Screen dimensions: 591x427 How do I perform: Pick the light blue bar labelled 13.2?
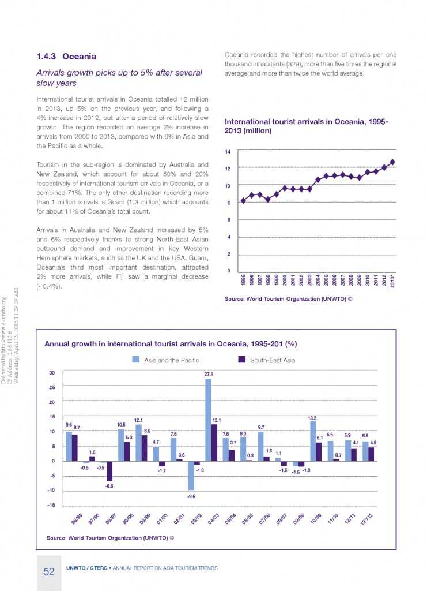(x=313, y=441)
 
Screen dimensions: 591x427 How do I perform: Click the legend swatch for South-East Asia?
(x=242, y=360)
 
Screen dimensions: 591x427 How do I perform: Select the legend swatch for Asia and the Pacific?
(x=136, y=360)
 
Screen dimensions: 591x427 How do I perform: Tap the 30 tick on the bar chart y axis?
(x=51, y=372)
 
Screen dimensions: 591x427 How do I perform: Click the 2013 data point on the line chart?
(x=392, y=162)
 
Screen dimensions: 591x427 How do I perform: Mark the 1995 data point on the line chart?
(x=243, y=201)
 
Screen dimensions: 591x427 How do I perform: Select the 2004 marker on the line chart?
(x=318, y=180)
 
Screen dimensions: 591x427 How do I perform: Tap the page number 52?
(x=48, y=572)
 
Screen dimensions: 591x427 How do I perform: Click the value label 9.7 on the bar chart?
(x=260, y=427)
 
